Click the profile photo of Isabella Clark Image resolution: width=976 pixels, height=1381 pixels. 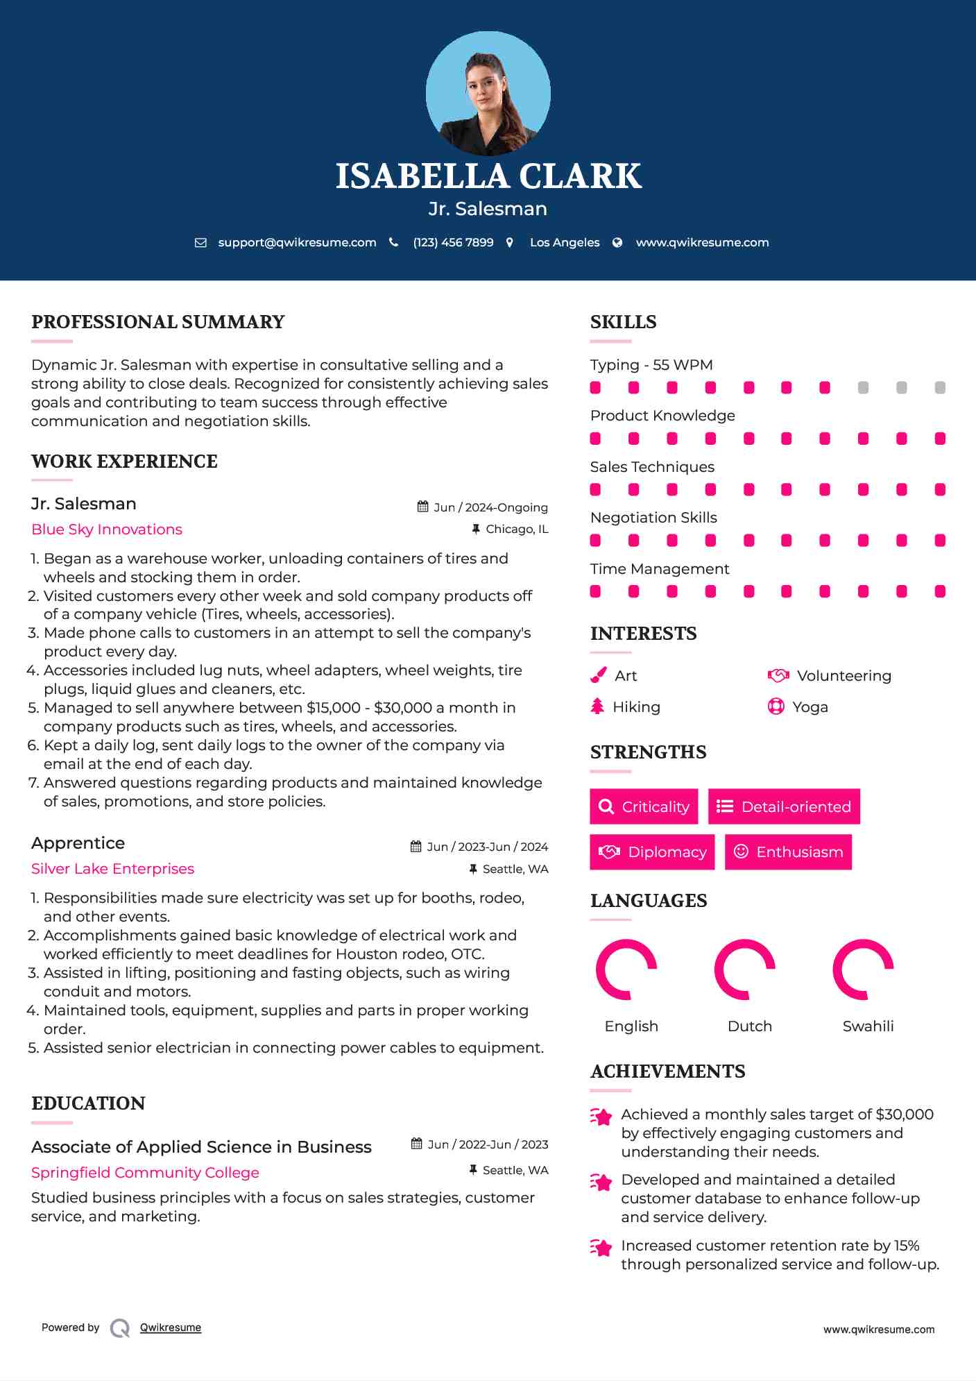coord(488,93)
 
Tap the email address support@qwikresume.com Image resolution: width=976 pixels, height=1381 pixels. coord(297,242)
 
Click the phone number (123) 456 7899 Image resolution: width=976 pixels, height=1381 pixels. coord(453,242)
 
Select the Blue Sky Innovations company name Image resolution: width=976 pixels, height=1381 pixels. coord(107,529)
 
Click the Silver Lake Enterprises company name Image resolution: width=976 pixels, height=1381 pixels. coord(112,869)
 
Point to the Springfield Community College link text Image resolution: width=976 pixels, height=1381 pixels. coord(145,1173)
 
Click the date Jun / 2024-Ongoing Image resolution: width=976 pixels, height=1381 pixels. coord(490,507)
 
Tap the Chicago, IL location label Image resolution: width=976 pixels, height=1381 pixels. coord(517,529)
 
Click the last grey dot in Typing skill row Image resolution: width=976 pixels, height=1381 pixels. coord(940,387)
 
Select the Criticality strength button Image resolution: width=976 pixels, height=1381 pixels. coord(644,806)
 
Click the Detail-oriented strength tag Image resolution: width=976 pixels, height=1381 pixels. coord(784,806)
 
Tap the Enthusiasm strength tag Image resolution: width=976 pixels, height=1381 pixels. coord(788,852)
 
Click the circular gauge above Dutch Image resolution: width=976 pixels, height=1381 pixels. coord(744,969)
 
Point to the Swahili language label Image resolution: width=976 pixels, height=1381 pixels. coord(868,1026)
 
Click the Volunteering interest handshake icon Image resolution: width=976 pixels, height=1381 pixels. coord(778,675)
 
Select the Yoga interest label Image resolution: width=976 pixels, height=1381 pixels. coord(810,707)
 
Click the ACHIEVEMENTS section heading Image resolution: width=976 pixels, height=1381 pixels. coord(667,1071)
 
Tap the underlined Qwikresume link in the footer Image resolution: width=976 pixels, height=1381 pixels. coord(171,1328)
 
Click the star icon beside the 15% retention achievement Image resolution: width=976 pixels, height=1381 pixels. coord(601,1247)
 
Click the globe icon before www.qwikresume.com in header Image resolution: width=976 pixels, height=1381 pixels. coord(617,242)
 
